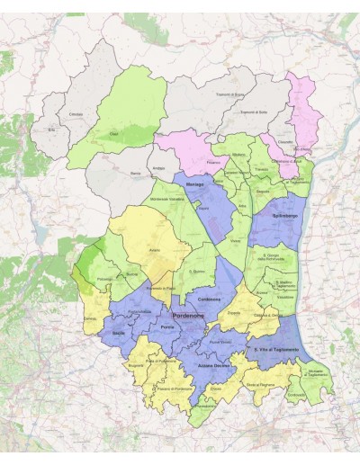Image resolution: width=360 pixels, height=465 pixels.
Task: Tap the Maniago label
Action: [197, 184]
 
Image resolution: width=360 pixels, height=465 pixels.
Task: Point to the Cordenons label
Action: [209, 300]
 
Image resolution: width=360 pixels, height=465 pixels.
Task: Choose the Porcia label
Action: [167, 328]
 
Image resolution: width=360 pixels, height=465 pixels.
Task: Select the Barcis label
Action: [135, 171]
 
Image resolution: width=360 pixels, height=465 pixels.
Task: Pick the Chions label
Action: [216, 389]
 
